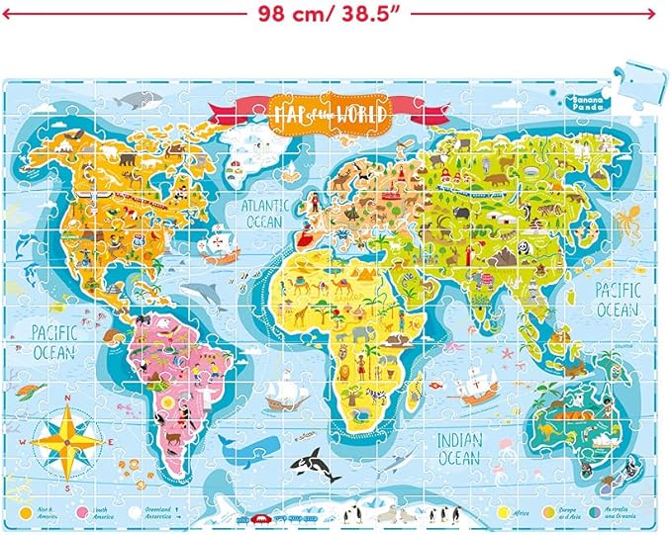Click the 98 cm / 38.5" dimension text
[x=335, y=14]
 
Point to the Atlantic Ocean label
[x=264, y=213]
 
